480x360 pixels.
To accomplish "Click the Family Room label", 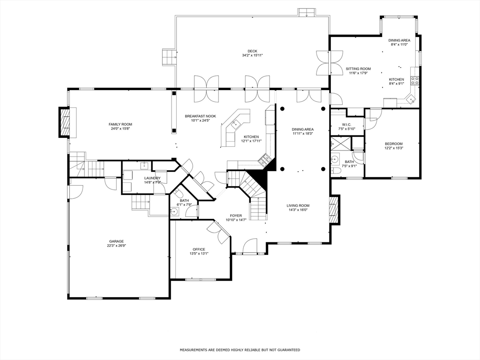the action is (x=120, y=124).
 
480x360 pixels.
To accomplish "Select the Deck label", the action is (x=253, y=51).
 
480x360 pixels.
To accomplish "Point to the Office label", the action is (x=199, y=249).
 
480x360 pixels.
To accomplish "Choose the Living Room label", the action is (x=298, y=206).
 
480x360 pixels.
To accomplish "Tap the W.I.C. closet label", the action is (x=346, y=125).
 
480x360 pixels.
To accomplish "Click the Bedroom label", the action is (x=394, y=144).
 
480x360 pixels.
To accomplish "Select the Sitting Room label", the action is (x=358, y=69).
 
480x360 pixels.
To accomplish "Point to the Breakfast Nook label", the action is (x=200, y=116).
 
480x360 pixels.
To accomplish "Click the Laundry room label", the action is (x=152, y=178).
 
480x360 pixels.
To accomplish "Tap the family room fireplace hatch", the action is (x=65, y=122).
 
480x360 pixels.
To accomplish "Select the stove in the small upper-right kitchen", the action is (x=415, y=81).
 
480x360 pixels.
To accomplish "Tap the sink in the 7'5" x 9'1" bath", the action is (x=335, y=159).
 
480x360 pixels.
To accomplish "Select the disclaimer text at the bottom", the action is (x=240, y=350).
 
